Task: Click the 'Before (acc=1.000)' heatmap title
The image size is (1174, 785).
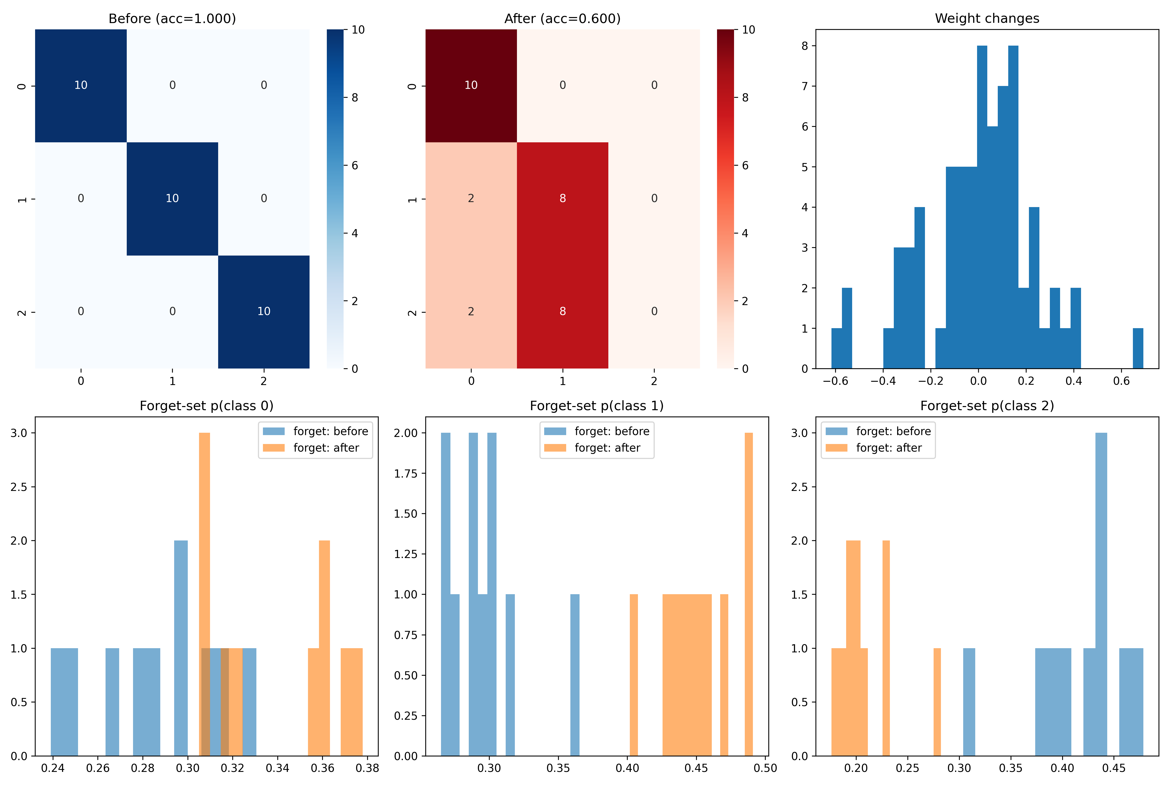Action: [x=172, y=19]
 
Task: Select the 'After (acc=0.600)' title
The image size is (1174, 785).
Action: [x=562, y=19]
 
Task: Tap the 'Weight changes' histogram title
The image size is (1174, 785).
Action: [x=987, y=19]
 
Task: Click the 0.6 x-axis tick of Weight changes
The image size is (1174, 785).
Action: [x=1121, y=381]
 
